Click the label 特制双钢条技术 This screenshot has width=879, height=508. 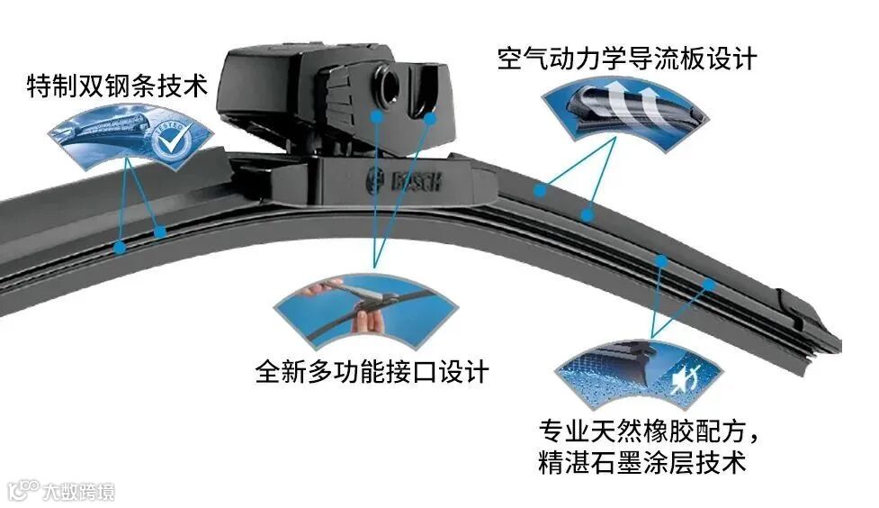pyautogui.click(x=117, y=87)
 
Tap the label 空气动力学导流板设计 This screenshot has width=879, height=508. pyautogui.click(x=627, y=59)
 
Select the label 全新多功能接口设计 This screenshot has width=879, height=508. pyautogui.click(x=372, y=371)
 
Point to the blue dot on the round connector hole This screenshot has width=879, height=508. pyautogui.click(x=378, y=116)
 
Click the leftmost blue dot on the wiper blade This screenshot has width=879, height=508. pyautogui.click(x=119, y=245)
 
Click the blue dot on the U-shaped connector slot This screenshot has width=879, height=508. pyautogui.click(x=430, y=118)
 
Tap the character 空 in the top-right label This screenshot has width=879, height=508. pyautogui.click(x=510, y=59)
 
